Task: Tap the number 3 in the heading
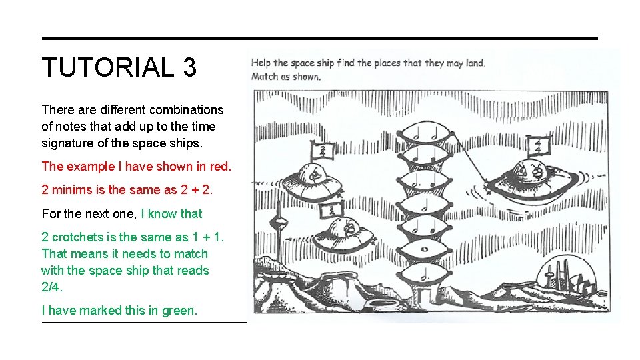(x=190, y=67)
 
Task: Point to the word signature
(x=68, y=143)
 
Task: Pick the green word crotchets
(x=78, y=237)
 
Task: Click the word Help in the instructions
(x=261, y=63)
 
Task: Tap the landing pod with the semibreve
(x=425, y=249)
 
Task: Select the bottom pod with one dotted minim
(x=424, y=274)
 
